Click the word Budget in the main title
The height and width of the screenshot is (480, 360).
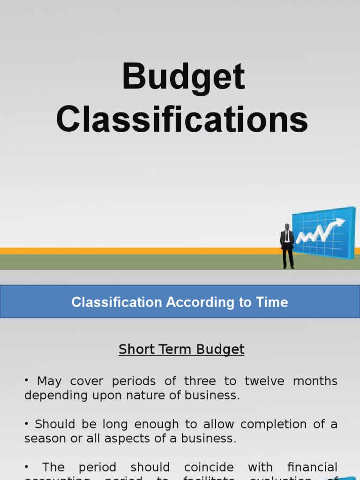pyautogui.click(x=183, y=77)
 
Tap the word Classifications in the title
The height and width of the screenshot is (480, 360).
pyautogui.click(x=182, y=120)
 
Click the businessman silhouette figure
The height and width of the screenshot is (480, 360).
pyautogui.click(x=287, y=246)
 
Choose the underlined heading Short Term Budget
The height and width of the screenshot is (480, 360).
pyautogui.click(x=181, y=349)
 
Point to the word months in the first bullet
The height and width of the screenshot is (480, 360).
pyautogui.click(x=315, y=381)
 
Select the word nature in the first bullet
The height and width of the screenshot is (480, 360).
pyautogui.click(x=138, y=395)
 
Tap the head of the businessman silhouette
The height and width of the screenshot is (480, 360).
pyautogui.click(x=287, y=227)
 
